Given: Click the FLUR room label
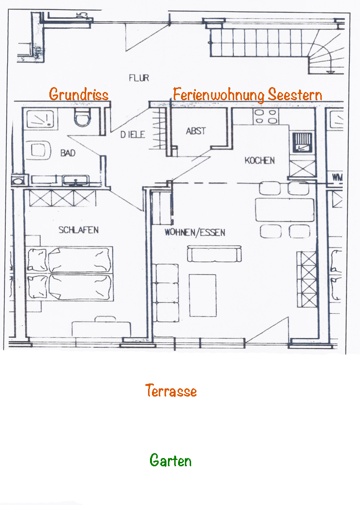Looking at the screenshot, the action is [x=139, y=78].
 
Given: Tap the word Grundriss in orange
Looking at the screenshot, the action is [x=79, y=94].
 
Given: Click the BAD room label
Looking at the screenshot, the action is [x=68, y=153].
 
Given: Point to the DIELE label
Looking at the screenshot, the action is [x=133, y=135].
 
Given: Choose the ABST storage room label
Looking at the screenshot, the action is [x=196, y=131].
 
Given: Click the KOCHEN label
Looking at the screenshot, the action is [x=259, y=160].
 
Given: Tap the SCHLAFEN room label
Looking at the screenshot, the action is [x=78, y=230].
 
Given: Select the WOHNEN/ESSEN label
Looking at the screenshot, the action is [x=195, y=232].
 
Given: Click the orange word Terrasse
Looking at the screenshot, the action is [x=171, y=390].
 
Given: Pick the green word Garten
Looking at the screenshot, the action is [x=171, y=460].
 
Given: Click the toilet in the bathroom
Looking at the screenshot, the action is [x=82, y=117].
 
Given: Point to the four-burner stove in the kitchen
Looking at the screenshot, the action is [x=266, y=117].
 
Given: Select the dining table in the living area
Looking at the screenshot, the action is [x=285, y=210].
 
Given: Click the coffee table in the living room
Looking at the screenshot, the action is [x=203, y=295].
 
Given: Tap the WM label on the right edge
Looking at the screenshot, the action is [x=337, y=177].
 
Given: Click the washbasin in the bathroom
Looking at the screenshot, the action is [x=76, y=180].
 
